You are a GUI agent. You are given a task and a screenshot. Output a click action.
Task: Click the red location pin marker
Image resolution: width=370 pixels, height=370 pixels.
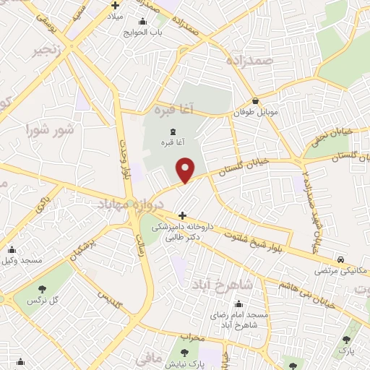[x=186, y=170]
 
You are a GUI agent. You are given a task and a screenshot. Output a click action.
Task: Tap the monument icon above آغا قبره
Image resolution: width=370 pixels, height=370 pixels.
[x=173, y=132]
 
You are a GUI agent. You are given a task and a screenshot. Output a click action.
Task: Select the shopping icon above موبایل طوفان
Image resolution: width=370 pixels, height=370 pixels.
[x=256, y=101]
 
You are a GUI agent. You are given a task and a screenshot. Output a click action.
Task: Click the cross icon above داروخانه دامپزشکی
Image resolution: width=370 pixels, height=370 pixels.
[x=182, y=215]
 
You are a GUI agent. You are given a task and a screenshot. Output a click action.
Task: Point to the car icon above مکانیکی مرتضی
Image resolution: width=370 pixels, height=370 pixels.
[x=340, y=259]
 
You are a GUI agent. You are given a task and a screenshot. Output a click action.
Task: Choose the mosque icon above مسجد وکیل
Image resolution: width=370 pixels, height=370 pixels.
[x=10, y=248]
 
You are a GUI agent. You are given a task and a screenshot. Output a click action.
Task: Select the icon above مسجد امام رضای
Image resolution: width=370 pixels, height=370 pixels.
[x=238, y=304]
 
